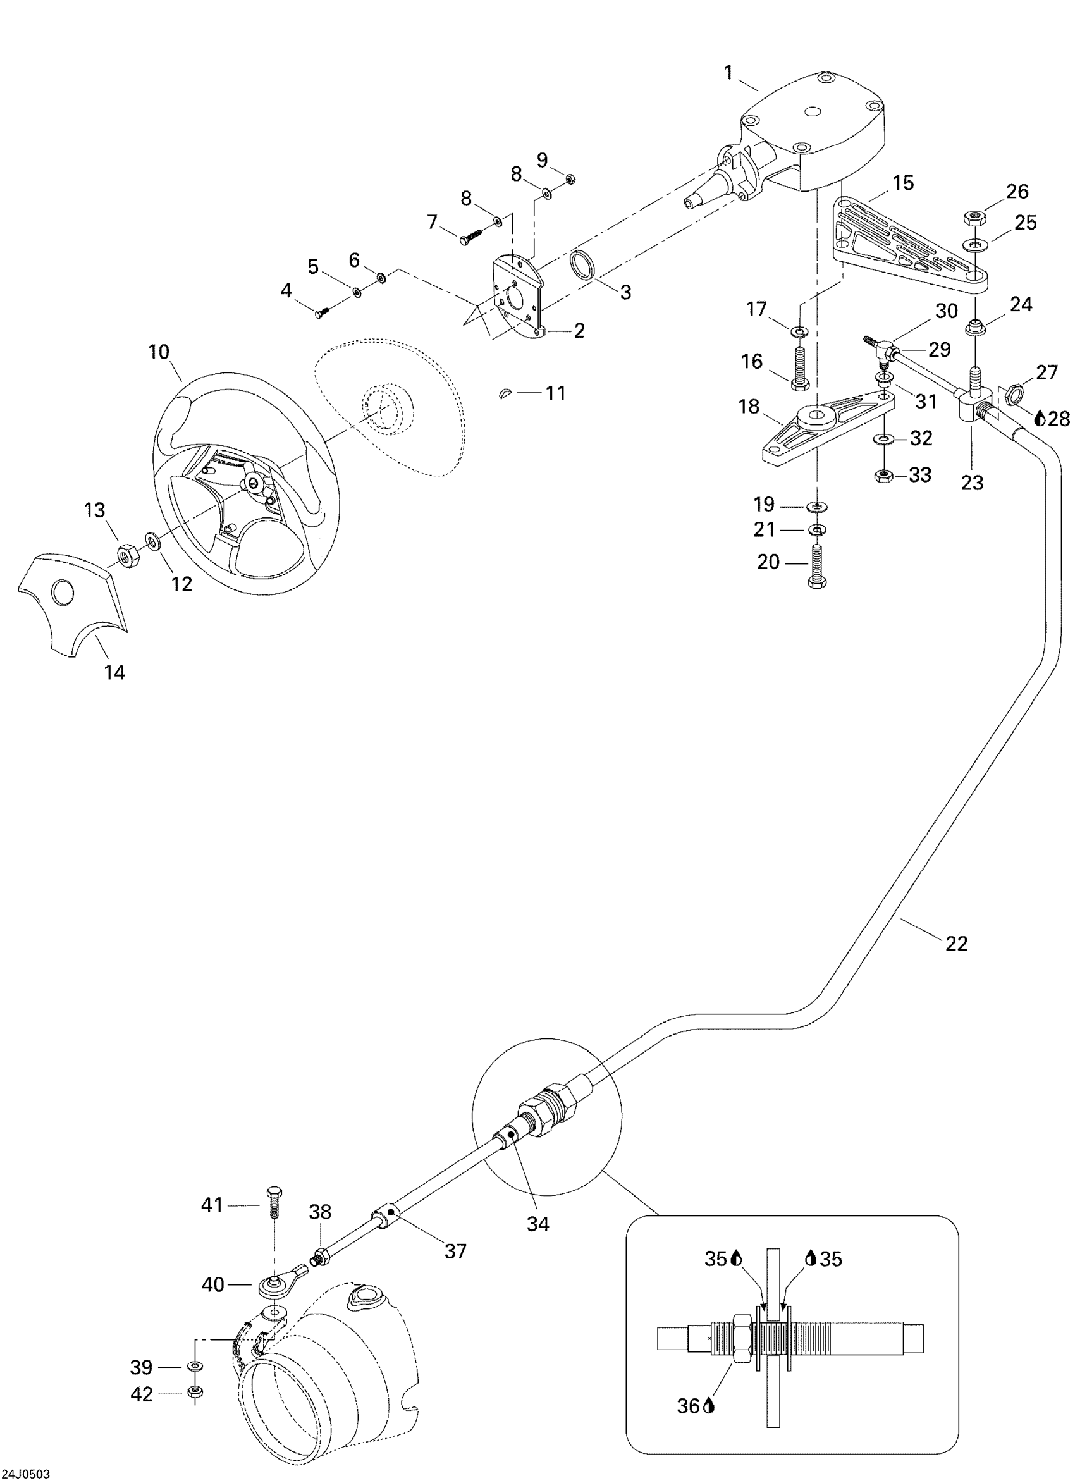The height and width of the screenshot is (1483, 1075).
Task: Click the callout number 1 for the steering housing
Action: pyautogui.click(x=729, y=73)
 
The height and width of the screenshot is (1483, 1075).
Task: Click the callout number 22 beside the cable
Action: pyautogui.click(x=956, y=944)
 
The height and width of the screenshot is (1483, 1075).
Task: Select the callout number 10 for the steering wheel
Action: pyautogui.click(x=159, y=352)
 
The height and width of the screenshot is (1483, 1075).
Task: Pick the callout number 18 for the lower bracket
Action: pyautogui.click(x=749, y=407)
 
